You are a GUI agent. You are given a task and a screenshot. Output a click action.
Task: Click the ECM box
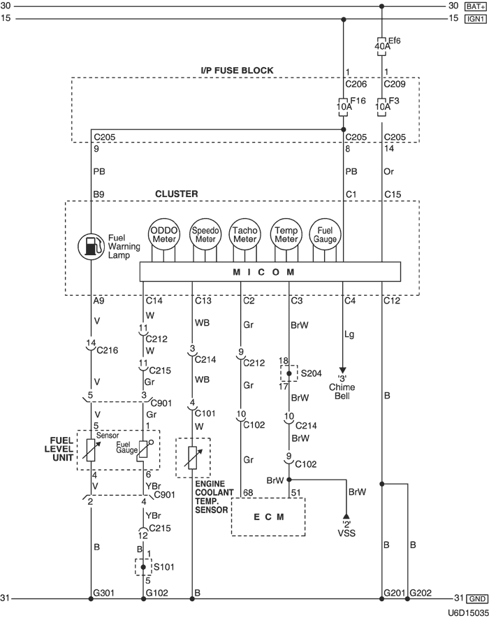(269, 517)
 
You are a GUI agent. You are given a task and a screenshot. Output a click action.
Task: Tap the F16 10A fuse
(343, 106)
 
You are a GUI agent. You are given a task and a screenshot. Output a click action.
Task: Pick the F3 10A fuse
(382, 106)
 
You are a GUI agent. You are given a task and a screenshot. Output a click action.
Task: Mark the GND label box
(476, 599)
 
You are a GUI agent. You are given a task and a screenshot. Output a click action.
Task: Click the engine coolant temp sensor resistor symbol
(191, 457)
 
